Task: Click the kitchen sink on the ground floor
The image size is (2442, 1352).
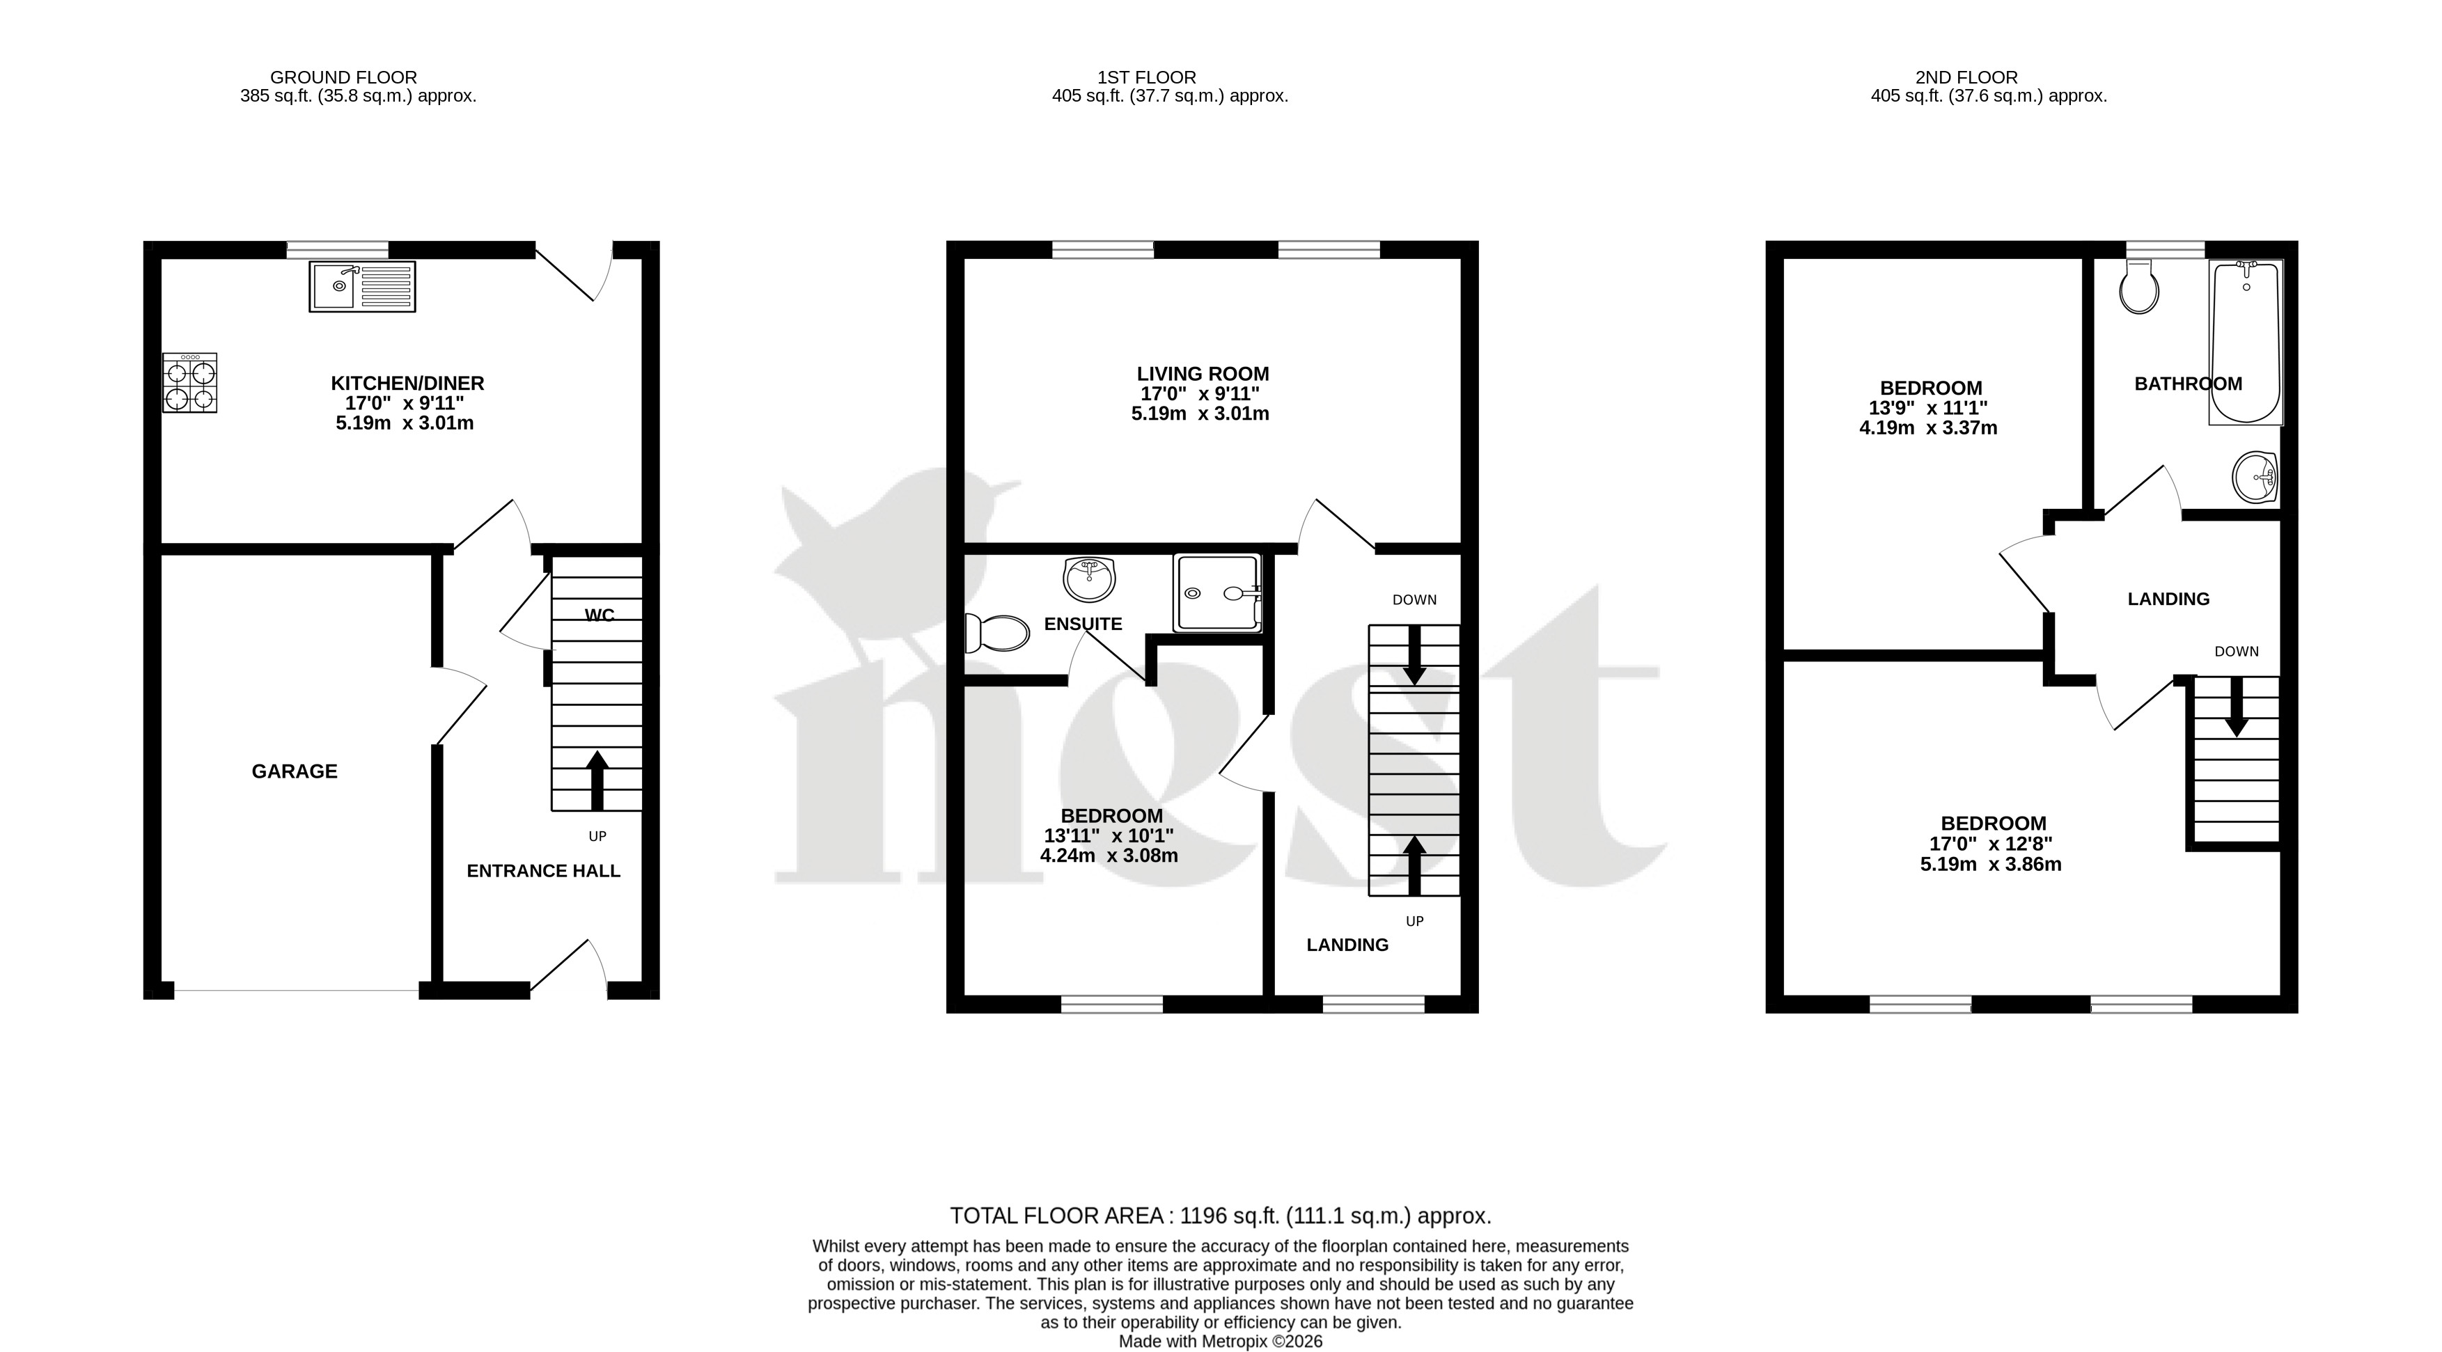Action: coord(362,286)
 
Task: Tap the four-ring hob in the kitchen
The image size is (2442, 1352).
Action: coord(189,383)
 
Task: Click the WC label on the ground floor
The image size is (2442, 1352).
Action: coord(599,615)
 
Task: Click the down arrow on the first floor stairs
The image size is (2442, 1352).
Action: coord(1414,655)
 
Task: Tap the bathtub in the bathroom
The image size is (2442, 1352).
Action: coord(2246,343)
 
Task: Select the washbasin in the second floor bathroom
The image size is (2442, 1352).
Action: coord(2256,477)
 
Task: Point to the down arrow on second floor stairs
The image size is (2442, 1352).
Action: coord(2237,707)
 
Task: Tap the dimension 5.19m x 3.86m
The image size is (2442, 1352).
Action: coord(1991,865)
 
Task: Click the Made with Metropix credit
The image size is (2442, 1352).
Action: coord(1221,1342)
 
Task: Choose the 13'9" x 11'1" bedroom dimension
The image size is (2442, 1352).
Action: coord(1928,408)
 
